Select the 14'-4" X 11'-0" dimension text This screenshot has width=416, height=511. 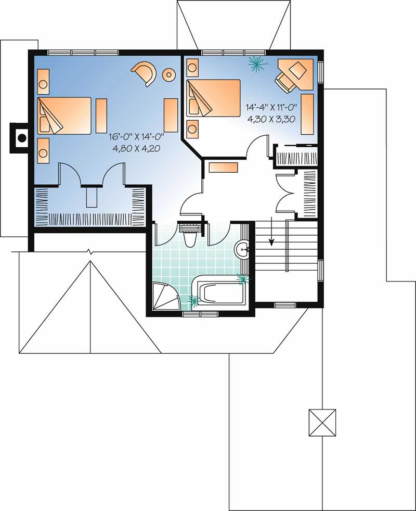point(272,108)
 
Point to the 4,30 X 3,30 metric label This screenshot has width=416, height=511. point(272,118)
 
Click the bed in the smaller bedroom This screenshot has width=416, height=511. point(213,97)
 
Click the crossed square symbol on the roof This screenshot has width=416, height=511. point(322,422)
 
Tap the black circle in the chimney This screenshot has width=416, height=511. point(22,138)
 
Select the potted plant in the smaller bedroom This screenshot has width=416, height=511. point(256,63)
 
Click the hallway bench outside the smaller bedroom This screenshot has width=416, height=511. point(223,167)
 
